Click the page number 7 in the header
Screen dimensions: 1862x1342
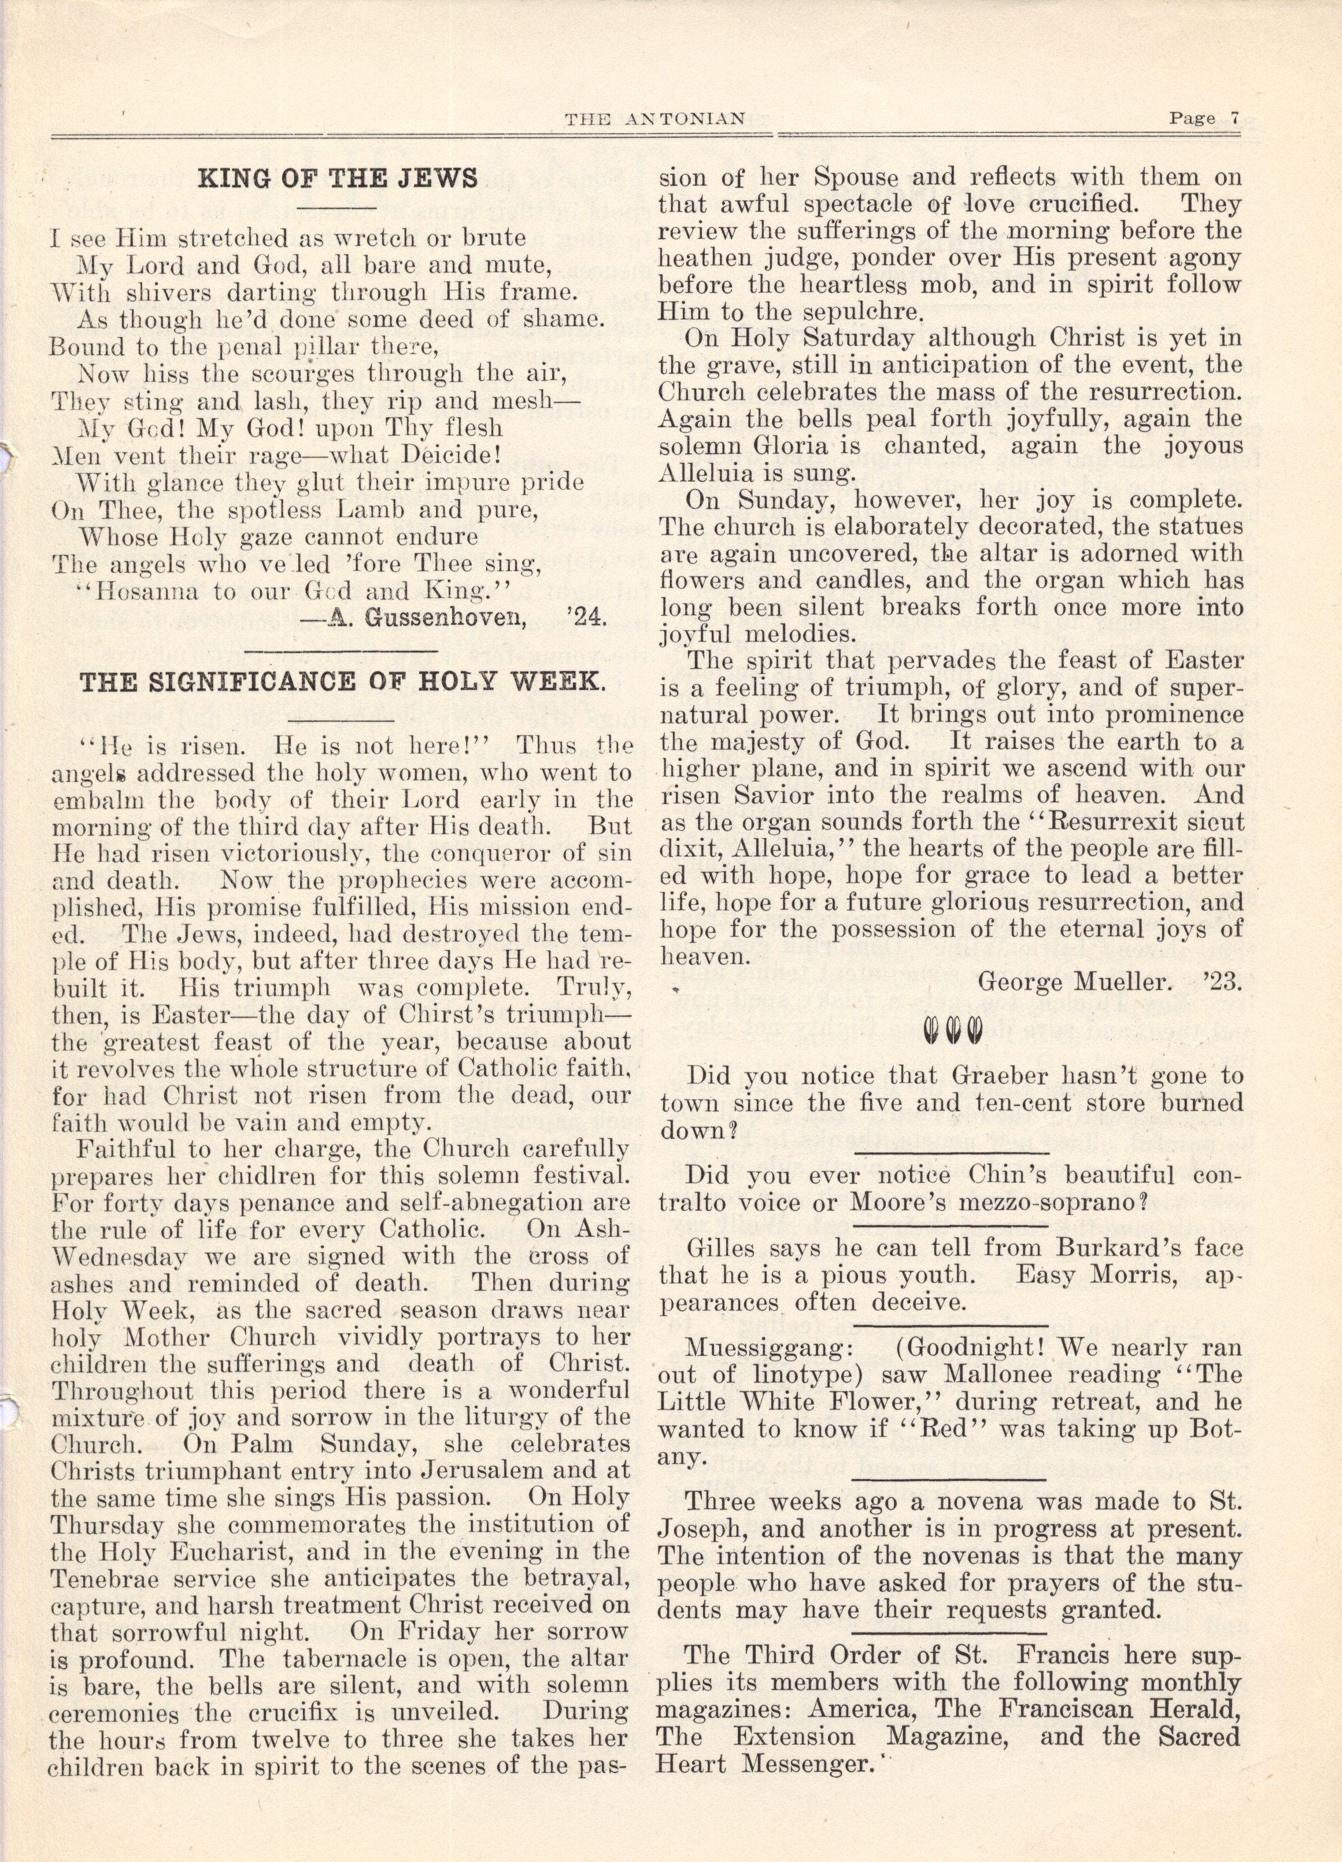(x=1234, y=117)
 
